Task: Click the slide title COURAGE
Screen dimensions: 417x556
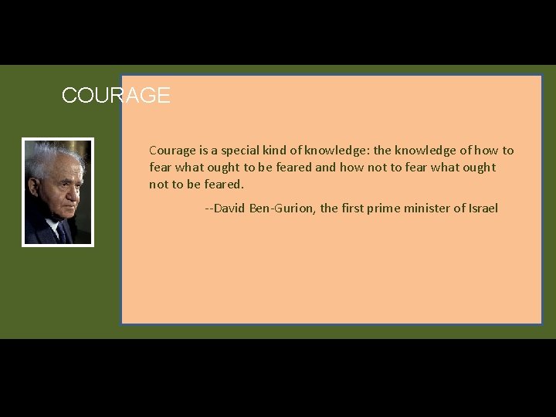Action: [116, 96]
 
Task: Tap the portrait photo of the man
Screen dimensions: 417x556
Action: [58, 192]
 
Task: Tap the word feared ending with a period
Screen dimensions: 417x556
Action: [224, 185]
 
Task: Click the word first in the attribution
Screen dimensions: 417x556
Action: [355, 208]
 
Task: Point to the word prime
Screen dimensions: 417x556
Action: [388, 208]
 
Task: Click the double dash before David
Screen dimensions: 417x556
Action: [208, 208]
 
